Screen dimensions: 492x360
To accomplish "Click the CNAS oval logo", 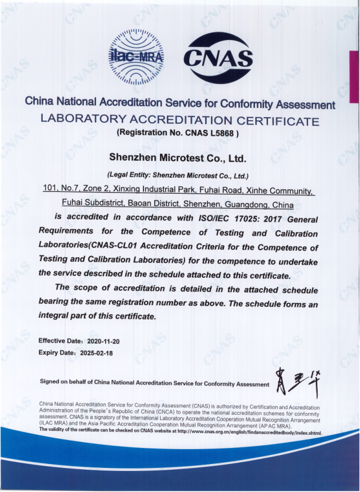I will point(218,57).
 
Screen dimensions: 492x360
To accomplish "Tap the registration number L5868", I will point(221,133).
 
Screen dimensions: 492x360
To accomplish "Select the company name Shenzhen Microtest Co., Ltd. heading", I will point(177,156).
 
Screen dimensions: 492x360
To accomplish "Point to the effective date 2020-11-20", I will point(103,341).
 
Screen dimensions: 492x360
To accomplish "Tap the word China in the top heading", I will point(38,103).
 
